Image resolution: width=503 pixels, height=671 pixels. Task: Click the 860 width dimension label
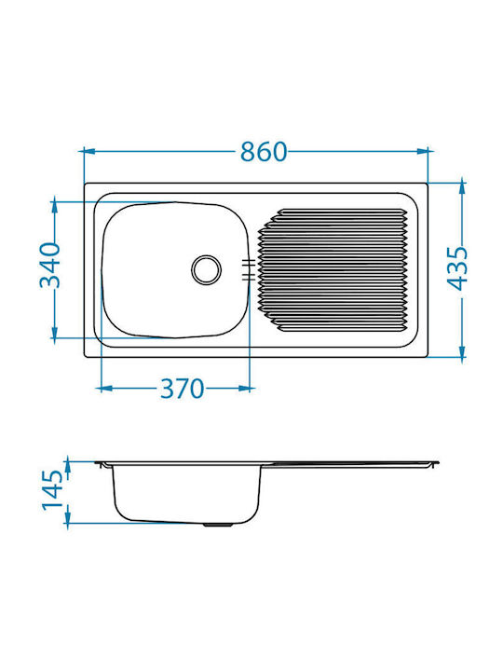[x=264, y=152]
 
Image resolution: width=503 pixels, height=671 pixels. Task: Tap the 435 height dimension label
[x=458, y=268]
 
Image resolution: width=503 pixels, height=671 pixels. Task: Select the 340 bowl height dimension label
[x=50, y=266]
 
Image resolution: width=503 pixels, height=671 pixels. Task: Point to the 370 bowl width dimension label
[x=183, y=389]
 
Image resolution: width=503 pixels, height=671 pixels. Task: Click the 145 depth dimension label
[x=52, y=488]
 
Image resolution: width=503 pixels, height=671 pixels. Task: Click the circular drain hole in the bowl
[x=206, y=270]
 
